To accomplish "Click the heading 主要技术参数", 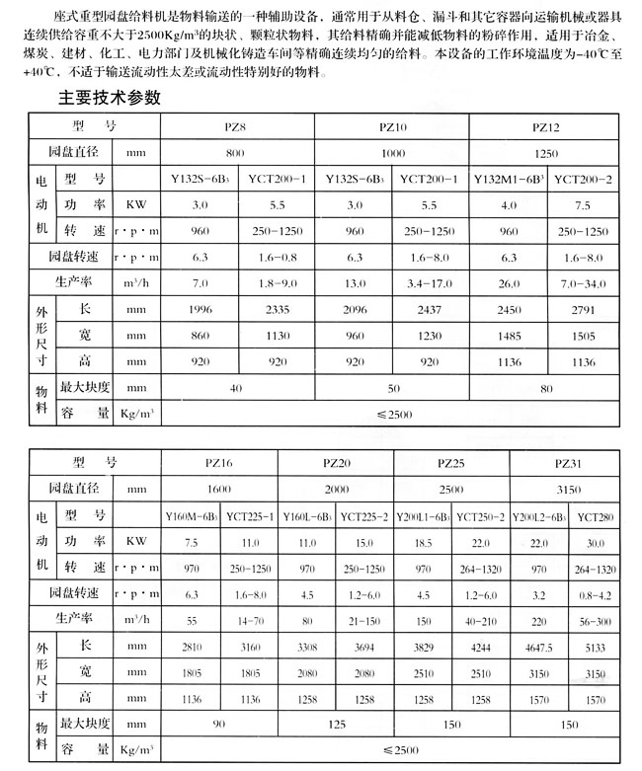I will click(110, 99).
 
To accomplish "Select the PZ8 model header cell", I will click(234, 128).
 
